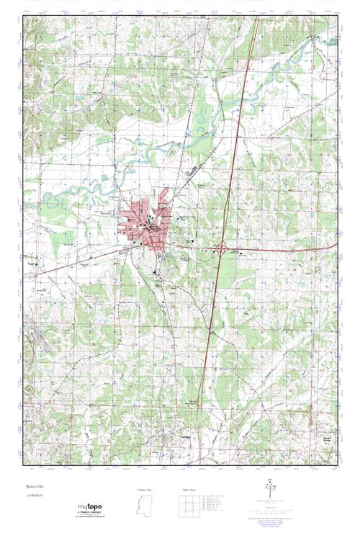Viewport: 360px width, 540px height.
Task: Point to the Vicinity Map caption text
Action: pos(144,490)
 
